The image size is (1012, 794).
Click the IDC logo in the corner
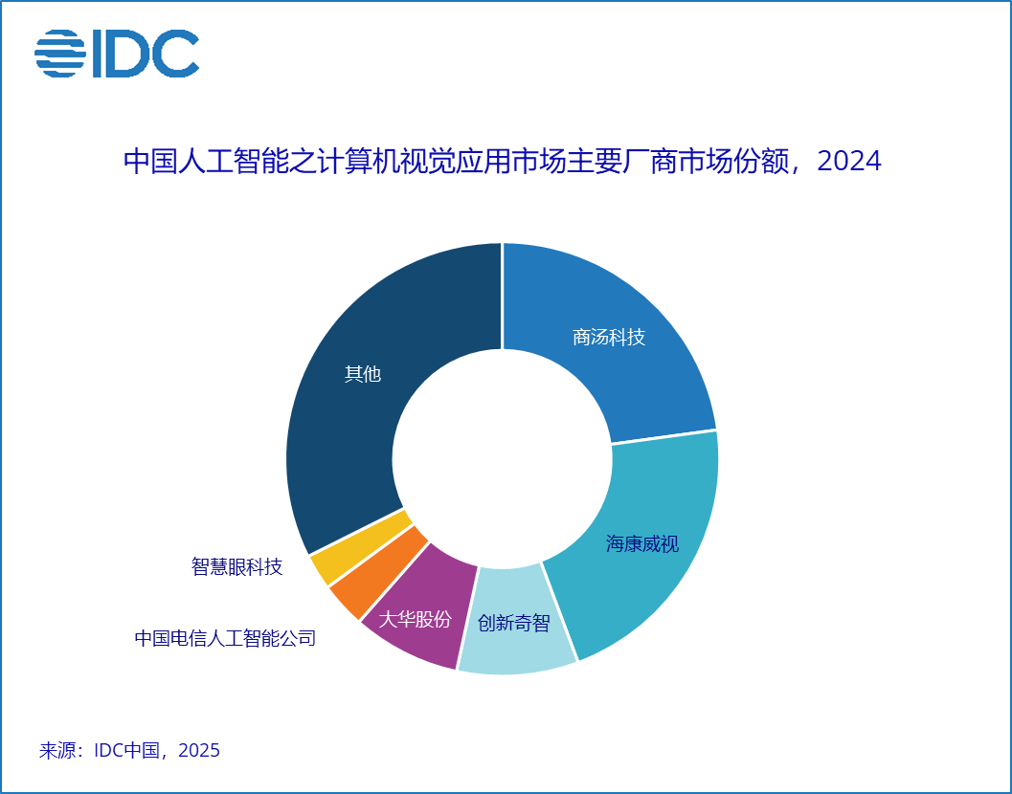click(x=117, y=54)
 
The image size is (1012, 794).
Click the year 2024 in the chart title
click(x=849, y=161)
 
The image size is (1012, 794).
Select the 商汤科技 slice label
click(x=609, y=338)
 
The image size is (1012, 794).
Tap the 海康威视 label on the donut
click(x=642, y=544)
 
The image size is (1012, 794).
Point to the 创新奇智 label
click(x=514, y=624)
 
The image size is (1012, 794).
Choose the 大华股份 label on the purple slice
click(x=415, y=619)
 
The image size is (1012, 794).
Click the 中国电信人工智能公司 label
click(x=225, y=638)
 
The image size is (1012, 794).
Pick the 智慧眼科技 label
click(x=236, y=567)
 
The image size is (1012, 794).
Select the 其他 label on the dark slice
click(x=363, y=374)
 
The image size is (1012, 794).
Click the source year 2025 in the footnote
click(x=199, y=751)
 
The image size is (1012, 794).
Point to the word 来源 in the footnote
click(x=59, y=751)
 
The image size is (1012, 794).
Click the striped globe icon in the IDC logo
click(x=60, y=54)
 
